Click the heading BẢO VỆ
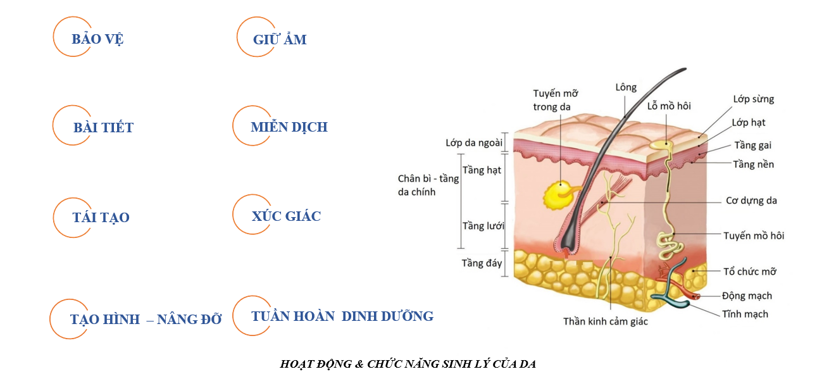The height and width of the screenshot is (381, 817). [97, 39]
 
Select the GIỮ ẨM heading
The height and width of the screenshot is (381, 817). [280, 40]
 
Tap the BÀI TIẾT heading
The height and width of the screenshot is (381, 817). [103, 128]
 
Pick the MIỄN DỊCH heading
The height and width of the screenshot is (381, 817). [289, 127]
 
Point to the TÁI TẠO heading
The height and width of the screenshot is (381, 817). [101, 218]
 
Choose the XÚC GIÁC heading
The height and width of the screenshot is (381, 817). [286, 216]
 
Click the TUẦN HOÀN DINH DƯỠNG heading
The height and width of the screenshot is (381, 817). [342, 316]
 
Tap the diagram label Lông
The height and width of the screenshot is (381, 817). [626, 87]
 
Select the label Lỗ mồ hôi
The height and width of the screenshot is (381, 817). [669, 106]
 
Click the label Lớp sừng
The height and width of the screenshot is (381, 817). [753, 99]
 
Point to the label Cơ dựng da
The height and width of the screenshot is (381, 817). [751, 201]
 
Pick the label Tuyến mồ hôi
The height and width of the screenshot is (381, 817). [754, 236]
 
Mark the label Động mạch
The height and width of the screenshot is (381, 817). [747, 296]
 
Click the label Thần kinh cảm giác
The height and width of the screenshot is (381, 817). [606, 322]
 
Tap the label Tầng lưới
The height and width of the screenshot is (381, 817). [483, 226]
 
